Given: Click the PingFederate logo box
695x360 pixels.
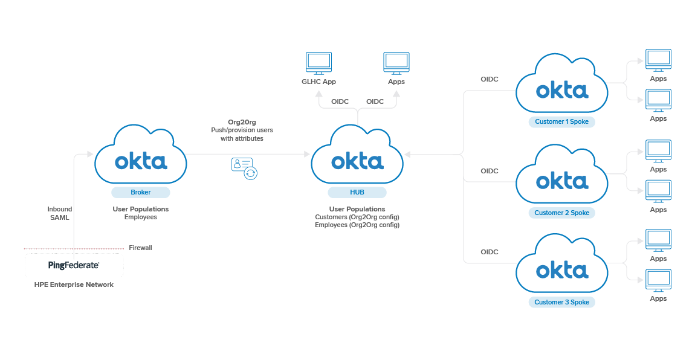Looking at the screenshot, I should click(74, 265).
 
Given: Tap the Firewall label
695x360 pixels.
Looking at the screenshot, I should click(140, 248).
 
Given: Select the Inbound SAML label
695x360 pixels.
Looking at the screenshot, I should click(60, 213).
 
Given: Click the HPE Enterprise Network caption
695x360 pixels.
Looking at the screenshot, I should click(74, 284).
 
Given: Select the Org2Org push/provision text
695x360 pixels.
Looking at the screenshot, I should click(242, 130).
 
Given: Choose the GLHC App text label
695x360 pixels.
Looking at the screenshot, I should click(318, 82).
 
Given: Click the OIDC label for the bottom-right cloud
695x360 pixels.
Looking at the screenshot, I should click(489, 252).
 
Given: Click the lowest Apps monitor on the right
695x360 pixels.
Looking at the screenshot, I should click(658, 280).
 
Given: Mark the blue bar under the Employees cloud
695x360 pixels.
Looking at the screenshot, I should click(140, 193).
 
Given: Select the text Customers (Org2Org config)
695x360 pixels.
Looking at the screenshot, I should click(357, 217).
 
